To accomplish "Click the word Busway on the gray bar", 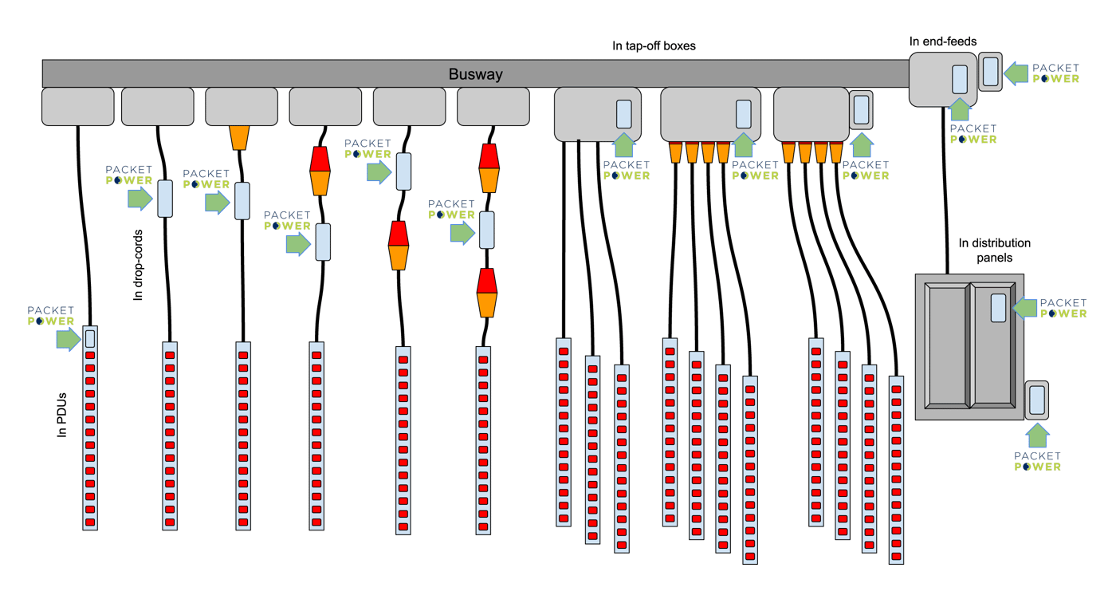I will (x=475, y=74).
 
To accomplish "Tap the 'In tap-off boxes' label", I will (x=654, y=46).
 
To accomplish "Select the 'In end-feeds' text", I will (x=942, y=41).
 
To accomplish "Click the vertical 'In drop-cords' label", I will (x=139, y=266).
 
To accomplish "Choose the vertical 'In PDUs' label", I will (x=62, y=414).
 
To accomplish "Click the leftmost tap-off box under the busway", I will (x=77, y=107).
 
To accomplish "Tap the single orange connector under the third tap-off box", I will (x=239, y=137).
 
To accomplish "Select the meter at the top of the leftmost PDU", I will (x=90, y=337).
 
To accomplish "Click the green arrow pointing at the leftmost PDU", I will (x=68, y=339).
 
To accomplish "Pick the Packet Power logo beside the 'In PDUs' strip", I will (x=51, y=316).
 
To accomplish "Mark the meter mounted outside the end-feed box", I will (x=990, y=71).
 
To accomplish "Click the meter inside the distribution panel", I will (x=998, y=307).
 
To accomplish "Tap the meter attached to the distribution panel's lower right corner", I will (x=1037, y=400).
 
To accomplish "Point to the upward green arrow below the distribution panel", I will (x=1037, y=435).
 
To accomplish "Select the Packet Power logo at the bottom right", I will (x=1037, y=461).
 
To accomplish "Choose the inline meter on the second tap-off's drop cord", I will (x=165, y=199).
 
